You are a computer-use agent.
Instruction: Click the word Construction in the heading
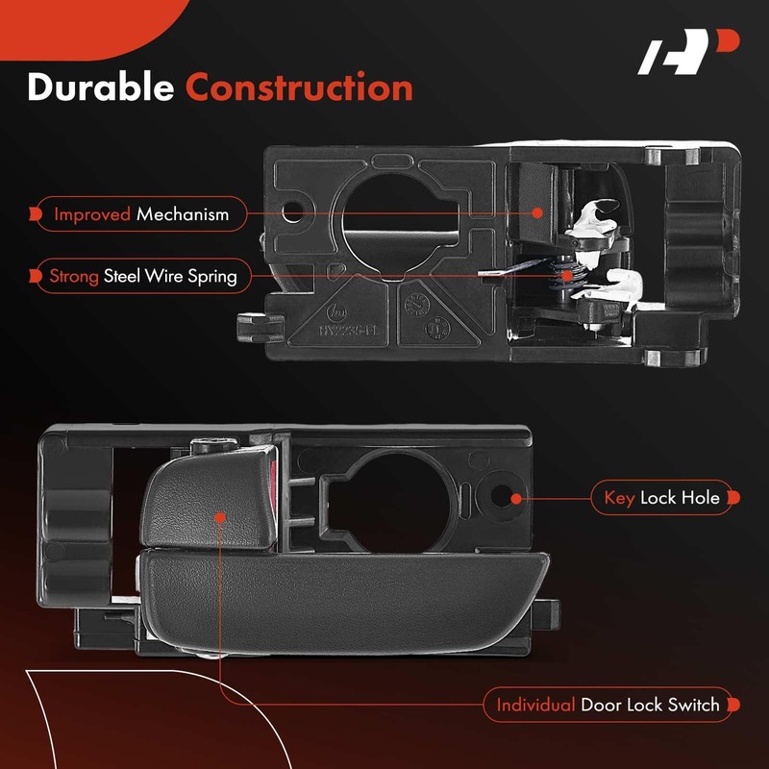coord(299,87)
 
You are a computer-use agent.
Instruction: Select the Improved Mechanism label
coord(141,213)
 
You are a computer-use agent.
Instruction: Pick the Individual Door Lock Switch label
coord(608,705)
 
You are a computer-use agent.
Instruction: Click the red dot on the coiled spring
coord(568,276)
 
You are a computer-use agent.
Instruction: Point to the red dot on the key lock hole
coord(516,499)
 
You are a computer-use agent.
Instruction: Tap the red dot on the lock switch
coord(220,516)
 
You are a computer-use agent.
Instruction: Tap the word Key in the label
coord(620,499)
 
